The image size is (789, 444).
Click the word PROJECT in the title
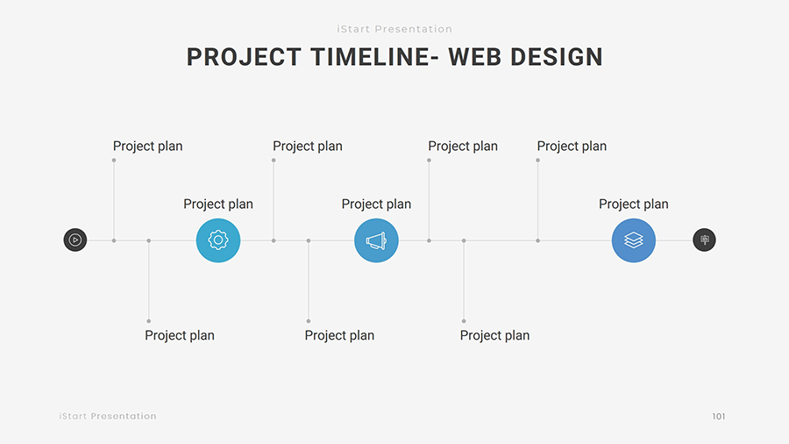pyautogui.click(x=244, y=57)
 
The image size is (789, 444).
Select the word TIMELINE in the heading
pyautogui.click(x=370, y=57)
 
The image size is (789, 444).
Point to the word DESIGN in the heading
pyautogui.click(x=557, y=57)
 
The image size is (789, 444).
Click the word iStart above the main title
pyautogui.click(x=353, y=29)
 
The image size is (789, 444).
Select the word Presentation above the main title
pyautogui.click(x=413, y=29)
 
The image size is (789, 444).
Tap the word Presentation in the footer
pyautogui.click(x=124, y=416)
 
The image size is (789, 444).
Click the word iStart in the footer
pyautogui.click(x=73, y=416)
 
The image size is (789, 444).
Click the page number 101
pyautogui.click(x=719, y=416)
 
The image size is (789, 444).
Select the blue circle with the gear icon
pyautogui.click(x=218, y=240)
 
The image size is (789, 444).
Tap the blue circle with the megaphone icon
pyautogui.click(x=376, y=240)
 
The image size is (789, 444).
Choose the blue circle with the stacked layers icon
pyautogui.click(x=634, y=240)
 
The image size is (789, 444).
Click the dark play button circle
pyautogui.click(x=75, y=240)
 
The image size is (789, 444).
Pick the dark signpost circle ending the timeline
pyautogui.click(x=705, y=240)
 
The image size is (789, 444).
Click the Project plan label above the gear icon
pyautogui.click(x=218, y=204)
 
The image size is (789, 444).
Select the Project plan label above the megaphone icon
pyautogui.click(x=376, y=204)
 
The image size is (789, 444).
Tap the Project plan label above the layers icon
pyautogui.click(x=634, y=204)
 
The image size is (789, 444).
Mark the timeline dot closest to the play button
pyautogui.click(x=114, y=240)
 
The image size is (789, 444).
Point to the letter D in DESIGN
pyautogui.click(x=518, y=57)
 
